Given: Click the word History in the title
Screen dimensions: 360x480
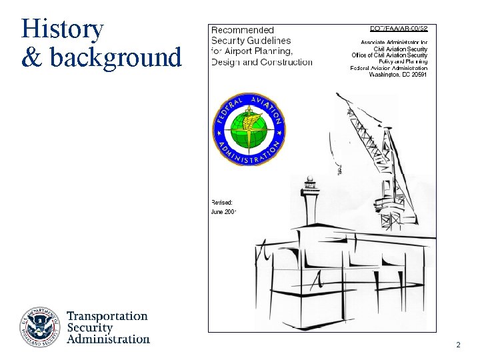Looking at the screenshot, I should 62,29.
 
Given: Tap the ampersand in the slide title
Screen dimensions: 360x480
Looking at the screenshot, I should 31,58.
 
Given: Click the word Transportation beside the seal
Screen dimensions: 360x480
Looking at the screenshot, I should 107,317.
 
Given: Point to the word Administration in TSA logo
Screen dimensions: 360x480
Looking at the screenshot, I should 109,339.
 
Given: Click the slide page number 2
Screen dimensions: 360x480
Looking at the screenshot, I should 458,345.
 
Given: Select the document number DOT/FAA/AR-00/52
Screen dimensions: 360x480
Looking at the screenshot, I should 399,29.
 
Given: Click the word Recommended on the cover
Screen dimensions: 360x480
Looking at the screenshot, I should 243,30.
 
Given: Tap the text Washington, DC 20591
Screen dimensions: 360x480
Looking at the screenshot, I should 398,75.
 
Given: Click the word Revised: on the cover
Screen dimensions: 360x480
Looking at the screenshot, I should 222,201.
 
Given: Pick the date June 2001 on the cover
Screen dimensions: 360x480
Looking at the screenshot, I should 223,212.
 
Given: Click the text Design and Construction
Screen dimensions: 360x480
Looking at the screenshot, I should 261,63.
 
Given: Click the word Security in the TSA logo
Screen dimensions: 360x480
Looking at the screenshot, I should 90,327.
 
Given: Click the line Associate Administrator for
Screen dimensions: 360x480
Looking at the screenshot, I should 390,42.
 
